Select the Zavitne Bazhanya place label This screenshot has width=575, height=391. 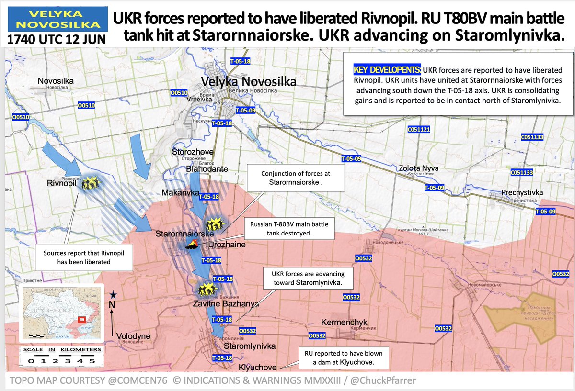coord(226,303)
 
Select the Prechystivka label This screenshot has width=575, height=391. coord(522,192)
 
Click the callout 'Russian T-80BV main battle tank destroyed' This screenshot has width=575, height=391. coord(286,228)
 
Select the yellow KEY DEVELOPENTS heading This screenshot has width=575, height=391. coord(387,70)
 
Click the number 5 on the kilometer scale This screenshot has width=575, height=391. coord(98,360)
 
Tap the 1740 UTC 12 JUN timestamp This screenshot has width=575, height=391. coord(56,38)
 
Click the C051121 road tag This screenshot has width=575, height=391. coord(419,130)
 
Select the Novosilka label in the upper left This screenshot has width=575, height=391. coord(56,81)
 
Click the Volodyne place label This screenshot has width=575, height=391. coord(133,336)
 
